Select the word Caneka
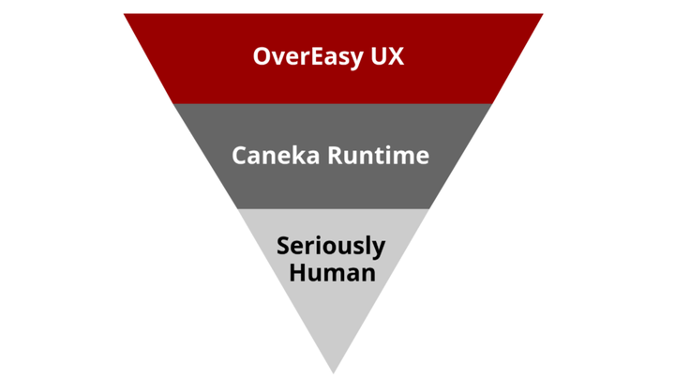point(276,155)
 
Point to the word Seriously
point(331,247)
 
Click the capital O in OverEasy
point(262,56)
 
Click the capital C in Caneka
point(240,155)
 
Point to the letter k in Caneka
point(298,155)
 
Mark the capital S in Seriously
point(283,246)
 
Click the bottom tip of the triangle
point(333,372)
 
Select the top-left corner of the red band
point(126,15)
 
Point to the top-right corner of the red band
point(541,15)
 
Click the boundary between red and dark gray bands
point(333,103)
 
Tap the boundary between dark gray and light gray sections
point(333,208)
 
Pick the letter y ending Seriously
point(378,249)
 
